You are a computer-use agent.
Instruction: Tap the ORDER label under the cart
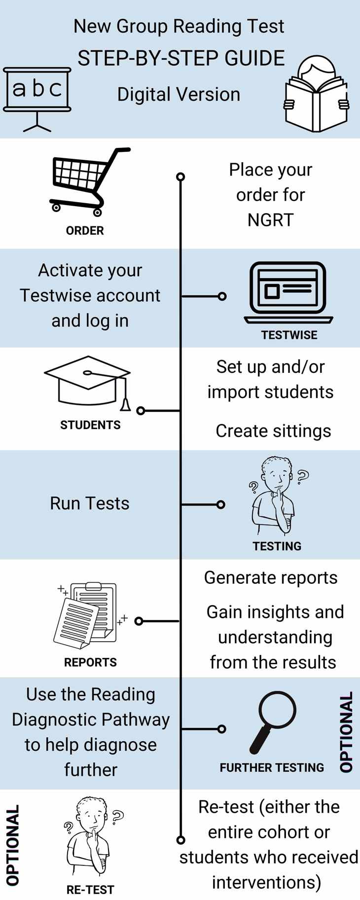coord(85,230)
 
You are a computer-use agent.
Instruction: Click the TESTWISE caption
coord(289,335)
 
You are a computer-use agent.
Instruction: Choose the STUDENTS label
coord(90,425)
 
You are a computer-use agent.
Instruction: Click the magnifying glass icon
coord(272,722)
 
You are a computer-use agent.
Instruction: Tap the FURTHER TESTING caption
coord(272,767)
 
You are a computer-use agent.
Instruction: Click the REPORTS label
coord(90,662)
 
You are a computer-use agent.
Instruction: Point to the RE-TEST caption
coord(90,890)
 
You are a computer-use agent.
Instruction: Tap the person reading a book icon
coord(317,94)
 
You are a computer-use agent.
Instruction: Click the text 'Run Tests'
coord(90,504)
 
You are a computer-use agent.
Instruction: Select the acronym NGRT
coord(270,220)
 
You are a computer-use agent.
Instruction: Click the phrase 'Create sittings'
coord(273,431)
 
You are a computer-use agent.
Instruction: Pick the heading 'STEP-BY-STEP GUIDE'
coord(181,58)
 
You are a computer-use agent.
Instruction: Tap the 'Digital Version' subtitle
coord(179,94)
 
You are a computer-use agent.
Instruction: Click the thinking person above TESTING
coord(275,496)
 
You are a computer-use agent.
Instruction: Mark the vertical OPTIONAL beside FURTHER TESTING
coord(347,731)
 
